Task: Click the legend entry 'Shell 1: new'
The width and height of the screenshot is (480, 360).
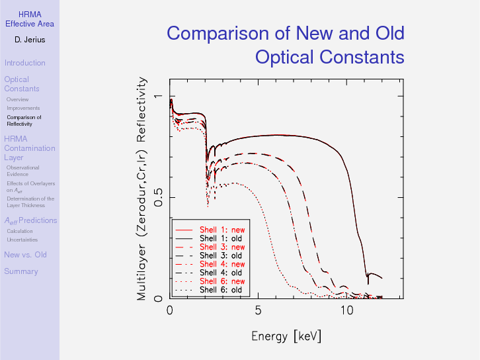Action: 221,230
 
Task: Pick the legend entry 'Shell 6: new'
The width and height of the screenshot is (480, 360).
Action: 221,281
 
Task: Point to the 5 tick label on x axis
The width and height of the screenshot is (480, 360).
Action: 258,311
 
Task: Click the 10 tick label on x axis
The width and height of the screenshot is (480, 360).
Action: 346,311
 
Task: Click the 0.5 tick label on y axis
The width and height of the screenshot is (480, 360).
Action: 157,198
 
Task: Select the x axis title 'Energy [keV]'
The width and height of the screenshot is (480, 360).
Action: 286,336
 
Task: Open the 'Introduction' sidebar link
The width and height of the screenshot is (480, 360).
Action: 24,63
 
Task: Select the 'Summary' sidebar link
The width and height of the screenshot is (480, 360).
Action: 20,271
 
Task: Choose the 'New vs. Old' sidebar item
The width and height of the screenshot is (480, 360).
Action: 25,255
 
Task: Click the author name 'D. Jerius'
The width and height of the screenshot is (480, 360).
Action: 30,40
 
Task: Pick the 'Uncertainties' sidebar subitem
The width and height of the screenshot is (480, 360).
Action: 22,240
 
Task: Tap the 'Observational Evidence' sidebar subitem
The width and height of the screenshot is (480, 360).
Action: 22,171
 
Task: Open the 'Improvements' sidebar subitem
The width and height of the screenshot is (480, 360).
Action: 23,108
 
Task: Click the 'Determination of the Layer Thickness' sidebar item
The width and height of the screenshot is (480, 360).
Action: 30,202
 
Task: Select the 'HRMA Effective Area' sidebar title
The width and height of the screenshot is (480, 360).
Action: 30,19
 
